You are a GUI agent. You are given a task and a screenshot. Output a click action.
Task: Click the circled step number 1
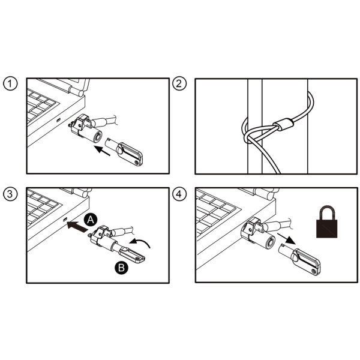(10, 84)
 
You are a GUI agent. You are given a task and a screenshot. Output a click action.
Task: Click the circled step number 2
(179, 83)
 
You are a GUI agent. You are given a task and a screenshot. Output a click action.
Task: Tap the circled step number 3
(10, 194)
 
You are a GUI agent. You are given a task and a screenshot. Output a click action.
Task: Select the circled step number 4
(179, 194)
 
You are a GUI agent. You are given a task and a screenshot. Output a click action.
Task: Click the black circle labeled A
(91, 220)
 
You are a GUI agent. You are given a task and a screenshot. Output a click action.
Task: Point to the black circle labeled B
(121, 268)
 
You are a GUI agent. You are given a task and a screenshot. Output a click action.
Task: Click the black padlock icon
(327, 221)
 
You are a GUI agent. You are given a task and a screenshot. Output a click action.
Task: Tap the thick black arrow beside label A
(77, 226)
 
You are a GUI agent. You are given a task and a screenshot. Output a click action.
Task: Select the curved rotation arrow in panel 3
(139, 243)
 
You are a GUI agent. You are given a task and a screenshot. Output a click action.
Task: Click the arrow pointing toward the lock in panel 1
(103, 151)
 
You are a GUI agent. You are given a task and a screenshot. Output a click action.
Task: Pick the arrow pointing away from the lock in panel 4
(286, 239)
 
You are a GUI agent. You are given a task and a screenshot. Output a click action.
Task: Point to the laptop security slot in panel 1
(59, 120)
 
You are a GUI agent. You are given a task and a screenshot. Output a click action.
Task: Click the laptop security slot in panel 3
(65, 220)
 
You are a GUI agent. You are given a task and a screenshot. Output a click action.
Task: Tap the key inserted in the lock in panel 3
(130, 253)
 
